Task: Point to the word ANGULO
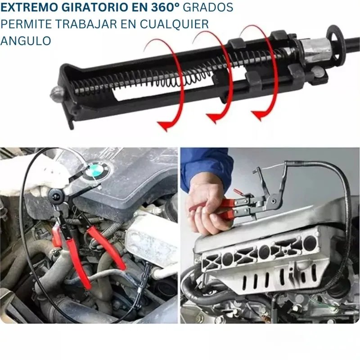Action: pyautogui.click(x=26, y=40)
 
